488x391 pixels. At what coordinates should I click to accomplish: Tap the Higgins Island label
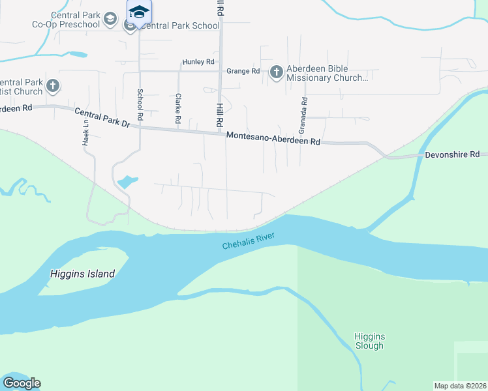point(82,274)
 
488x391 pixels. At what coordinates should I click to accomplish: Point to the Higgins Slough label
point(369,341)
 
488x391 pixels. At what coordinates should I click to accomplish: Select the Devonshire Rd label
point(452,154)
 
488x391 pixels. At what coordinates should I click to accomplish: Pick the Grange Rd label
point(243,71)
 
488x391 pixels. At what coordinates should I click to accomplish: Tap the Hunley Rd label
point(198,62)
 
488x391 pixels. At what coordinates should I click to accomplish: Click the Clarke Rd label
point(178,108)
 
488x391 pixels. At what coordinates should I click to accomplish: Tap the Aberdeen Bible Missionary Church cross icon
point(276,72)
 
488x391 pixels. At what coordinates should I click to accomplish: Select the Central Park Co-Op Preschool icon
point(111,20)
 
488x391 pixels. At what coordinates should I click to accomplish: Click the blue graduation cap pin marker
point(138,12)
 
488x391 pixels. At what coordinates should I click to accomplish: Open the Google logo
point(22,383)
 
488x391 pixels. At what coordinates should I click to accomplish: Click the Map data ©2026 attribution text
point(461,386)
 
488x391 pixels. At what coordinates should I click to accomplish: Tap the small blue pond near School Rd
point(127,181)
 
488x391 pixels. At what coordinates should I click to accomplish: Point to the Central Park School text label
point(179,26)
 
